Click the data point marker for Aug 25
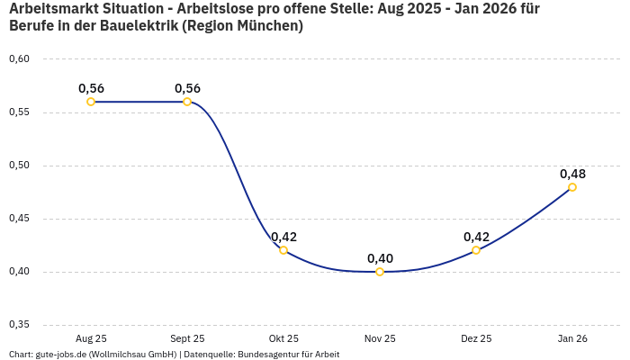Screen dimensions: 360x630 (x=91, y=102)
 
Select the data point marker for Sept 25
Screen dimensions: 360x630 (x=187, y=102)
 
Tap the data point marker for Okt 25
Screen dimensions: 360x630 (x=283, y=250)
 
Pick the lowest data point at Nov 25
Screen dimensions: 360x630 (x=380, y=272)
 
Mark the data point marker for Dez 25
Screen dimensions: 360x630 (x=476, y=250)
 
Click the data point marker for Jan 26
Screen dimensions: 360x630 (x=572, y=187)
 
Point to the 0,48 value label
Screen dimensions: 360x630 (x=572, y=174)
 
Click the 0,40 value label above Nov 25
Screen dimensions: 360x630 (x=380, y=258)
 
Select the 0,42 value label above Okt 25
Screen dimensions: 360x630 (x=283, y=237)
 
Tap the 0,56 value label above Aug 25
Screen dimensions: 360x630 (x=91, y=88)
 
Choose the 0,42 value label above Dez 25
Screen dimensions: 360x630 (x=476, y=237)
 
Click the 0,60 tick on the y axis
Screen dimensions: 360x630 (x=19, y=59)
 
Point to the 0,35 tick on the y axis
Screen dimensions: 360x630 (x=19, y=325)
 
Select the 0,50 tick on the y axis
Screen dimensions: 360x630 (x=19, y=166)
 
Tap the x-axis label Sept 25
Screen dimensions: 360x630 (x=187, y=338)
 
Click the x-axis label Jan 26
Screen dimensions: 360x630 (x=572, y=338)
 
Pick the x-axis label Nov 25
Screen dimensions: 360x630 (x=380, y=338)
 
